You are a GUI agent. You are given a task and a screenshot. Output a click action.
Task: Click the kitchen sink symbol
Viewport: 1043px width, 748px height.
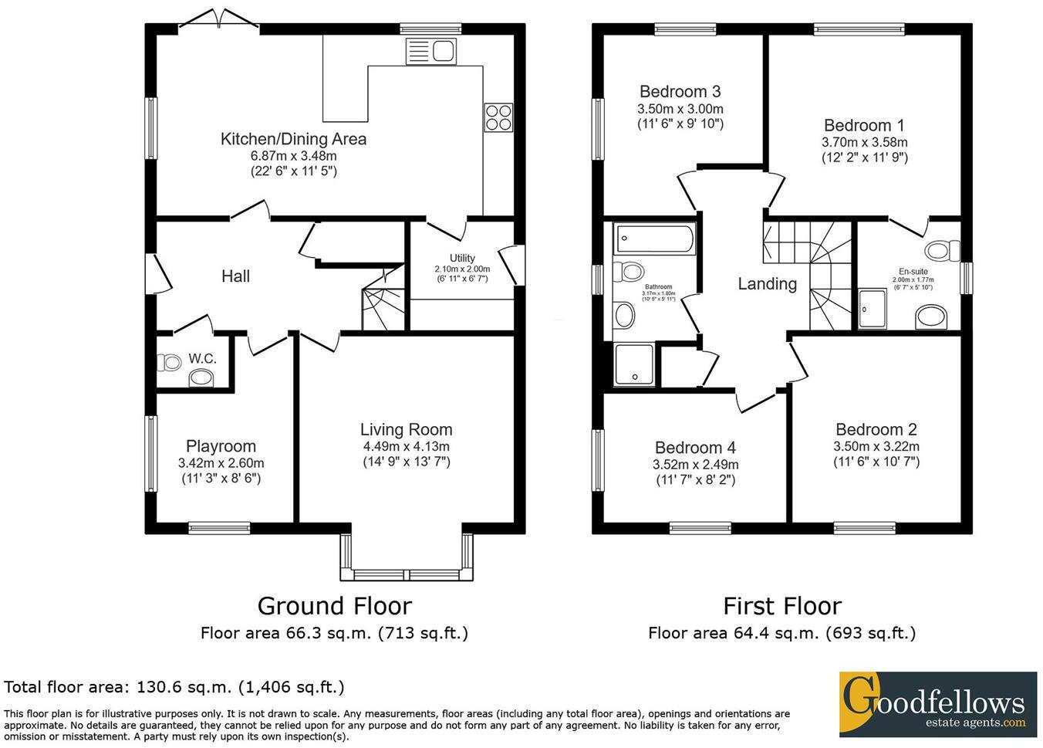[x=430, y=52]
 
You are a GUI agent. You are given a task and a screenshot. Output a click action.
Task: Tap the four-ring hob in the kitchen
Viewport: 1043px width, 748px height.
[x=498, y=117]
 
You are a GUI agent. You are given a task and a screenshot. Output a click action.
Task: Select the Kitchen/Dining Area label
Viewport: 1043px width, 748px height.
[x=293, y=139]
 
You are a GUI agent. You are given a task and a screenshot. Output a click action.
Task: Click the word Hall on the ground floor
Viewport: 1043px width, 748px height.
[x=235, y=276]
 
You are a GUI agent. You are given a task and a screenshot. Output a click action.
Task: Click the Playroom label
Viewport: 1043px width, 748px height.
[x=221, y=446]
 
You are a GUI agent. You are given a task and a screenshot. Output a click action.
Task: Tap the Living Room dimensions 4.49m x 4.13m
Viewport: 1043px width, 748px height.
[x=406, y=446]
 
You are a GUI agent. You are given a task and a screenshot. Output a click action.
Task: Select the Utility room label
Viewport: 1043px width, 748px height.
[x=462, y=258]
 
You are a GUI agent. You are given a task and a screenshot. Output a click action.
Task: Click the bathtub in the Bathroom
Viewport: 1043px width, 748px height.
[x=654, y=239]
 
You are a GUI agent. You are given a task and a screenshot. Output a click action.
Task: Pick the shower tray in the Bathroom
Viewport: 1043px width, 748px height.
[x=633, y=364]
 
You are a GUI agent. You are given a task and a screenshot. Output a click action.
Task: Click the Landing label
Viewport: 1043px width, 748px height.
[x=767, y=284]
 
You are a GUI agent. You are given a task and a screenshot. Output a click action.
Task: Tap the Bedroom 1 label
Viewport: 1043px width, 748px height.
[x=864, y=125]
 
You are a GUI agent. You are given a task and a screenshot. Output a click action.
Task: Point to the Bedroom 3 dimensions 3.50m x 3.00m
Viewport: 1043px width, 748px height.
[x=680, y=109]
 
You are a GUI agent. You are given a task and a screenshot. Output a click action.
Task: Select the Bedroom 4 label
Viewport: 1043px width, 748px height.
[x=695, y=448]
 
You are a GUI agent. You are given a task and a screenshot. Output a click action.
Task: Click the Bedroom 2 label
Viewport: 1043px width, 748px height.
[x=876, y=429]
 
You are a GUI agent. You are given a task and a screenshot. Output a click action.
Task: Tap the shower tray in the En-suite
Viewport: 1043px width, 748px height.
[x=874, y=309]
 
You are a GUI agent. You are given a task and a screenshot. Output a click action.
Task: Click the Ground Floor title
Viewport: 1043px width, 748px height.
[x=334, y=606]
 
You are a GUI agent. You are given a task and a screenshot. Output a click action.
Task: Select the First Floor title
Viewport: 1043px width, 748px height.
[x=781, y=606]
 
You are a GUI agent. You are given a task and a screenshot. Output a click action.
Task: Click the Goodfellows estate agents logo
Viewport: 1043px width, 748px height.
[x=937, y=704]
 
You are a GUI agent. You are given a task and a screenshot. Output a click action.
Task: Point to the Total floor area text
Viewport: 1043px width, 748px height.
[x=174, y=687]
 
